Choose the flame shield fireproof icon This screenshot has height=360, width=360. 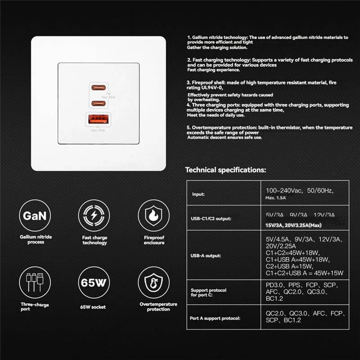point(153,216)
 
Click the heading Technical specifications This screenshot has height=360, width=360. point(225,170)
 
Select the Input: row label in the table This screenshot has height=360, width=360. point(198,194)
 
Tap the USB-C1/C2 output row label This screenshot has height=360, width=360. point(211,219)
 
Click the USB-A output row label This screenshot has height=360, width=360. point(203,256)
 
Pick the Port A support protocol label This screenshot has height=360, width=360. point(215,318)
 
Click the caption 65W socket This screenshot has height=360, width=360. point(94,307)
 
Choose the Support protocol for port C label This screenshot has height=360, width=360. point(208,293)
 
